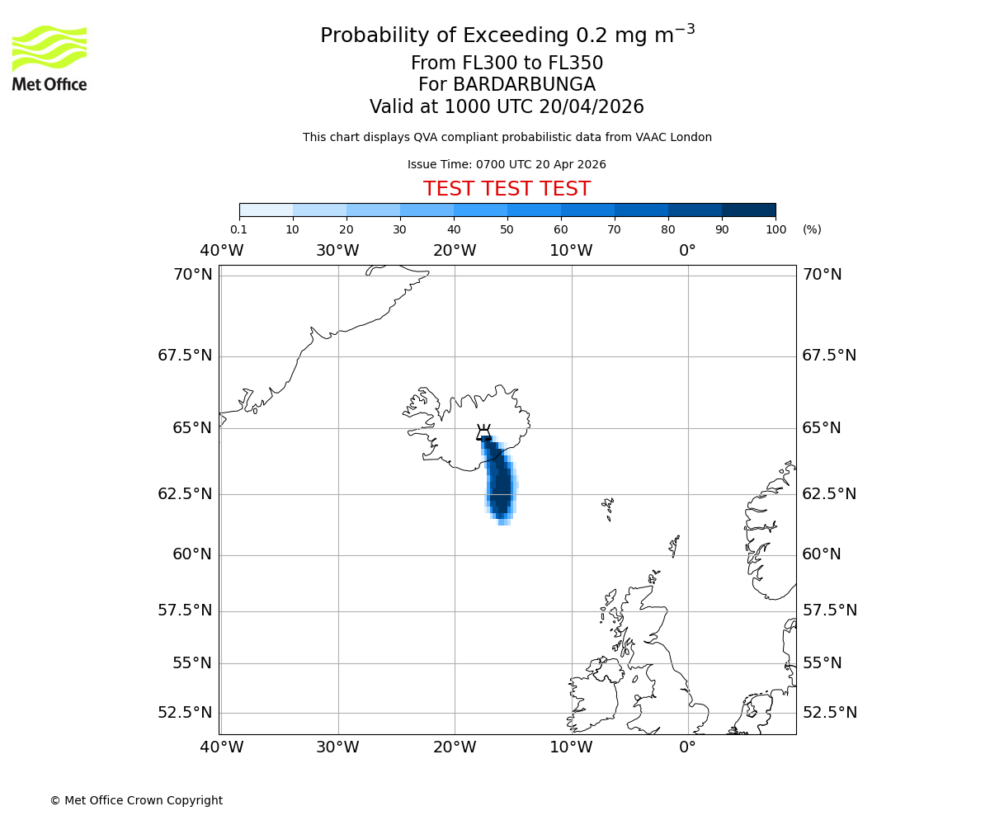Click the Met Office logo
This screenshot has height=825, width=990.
pyautogui.click(x=49, y=58)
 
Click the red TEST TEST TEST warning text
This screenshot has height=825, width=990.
pyautogui.click(x=507, y=189)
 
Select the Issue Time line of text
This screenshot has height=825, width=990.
pyautogui.click(x=507, y=164)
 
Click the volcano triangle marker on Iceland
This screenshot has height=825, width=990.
pyautogui.click(x=484, y=433)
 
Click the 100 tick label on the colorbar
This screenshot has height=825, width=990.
pyautogui.click(x=775, y=229)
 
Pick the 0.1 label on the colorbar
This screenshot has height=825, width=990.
pyautogui.click(x=239, y=229)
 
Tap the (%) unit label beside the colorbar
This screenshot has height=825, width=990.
pyautogui.click(x=812, y=229)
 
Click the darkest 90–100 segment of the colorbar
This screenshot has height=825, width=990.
pyautogui.click(x=748, y=210)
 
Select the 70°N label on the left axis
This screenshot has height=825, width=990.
pyautogui.click(x=192, y=275)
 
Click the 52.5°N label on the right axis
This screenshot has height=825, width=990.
pyautogui.click(x=829, y=713)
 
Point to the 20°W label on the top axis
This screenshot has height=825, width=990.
pyautogui.click(x=455, y=251)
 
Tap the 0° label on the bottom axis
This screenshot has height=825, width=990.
pyautogui.click(x=687, y=747)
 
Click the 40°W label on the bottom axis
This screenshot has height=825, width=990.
pyautogui.click(x=222, y=747)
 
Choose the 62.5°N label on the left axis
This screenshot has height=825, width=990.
pyautogui.click(x=185, y=494)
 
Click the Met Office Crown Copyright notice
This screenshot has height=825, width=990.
pyautogui.click(x=136, y=800)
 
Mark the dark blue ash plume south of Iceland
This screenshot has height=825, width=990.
pyautogui.click(x=501, y=487)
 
